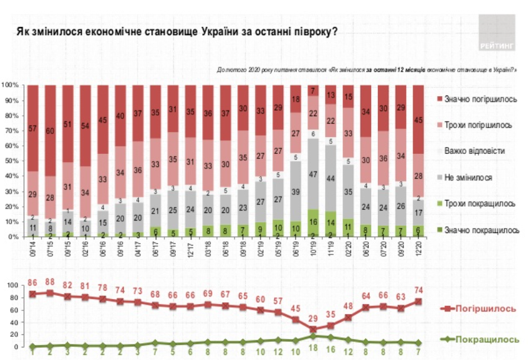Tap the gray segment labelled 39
coord(296,191)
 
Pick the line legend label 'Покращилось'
coord(493,339)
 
